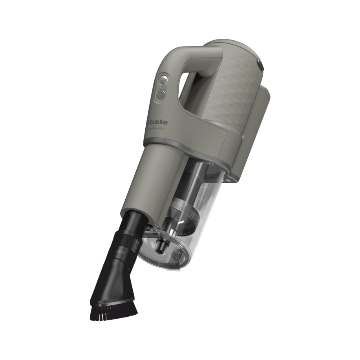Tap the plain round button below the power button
coord(160,95)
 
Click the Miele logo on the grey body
coord(157,122)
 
